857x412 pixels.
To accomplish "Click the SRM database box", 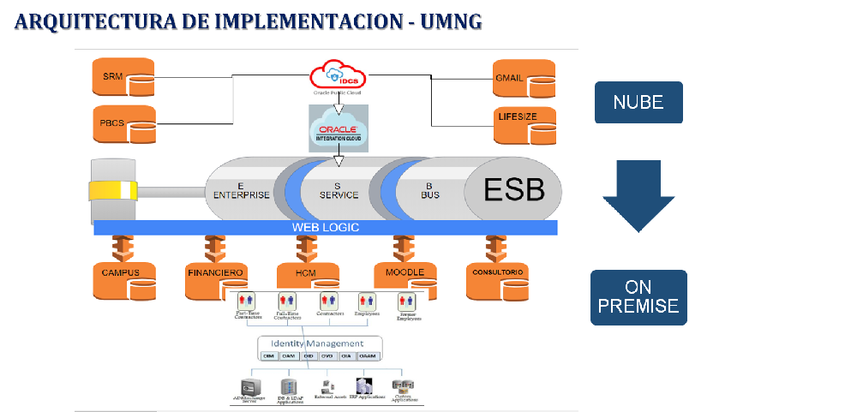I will (123, 78).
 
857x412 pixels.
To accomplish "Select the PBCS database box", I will (123, 124).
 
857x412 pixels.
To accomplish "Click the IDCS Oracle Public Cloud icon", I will (339, 76).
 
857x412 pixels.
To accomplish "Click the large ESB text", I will (513, 189).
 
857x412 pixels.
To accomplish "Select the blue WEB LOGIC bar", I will (326, 228).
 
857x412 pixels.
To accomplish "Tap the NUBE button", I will (638, 103).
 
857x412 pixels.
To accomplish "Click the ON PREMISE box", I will (638, 297).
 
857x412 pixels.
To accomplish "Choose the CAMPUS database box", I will (123, 278).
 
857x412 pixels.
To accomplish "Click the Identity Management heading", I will (320, 343).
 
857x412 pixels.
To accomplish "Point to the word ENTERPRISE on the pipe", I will (241, 195).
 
